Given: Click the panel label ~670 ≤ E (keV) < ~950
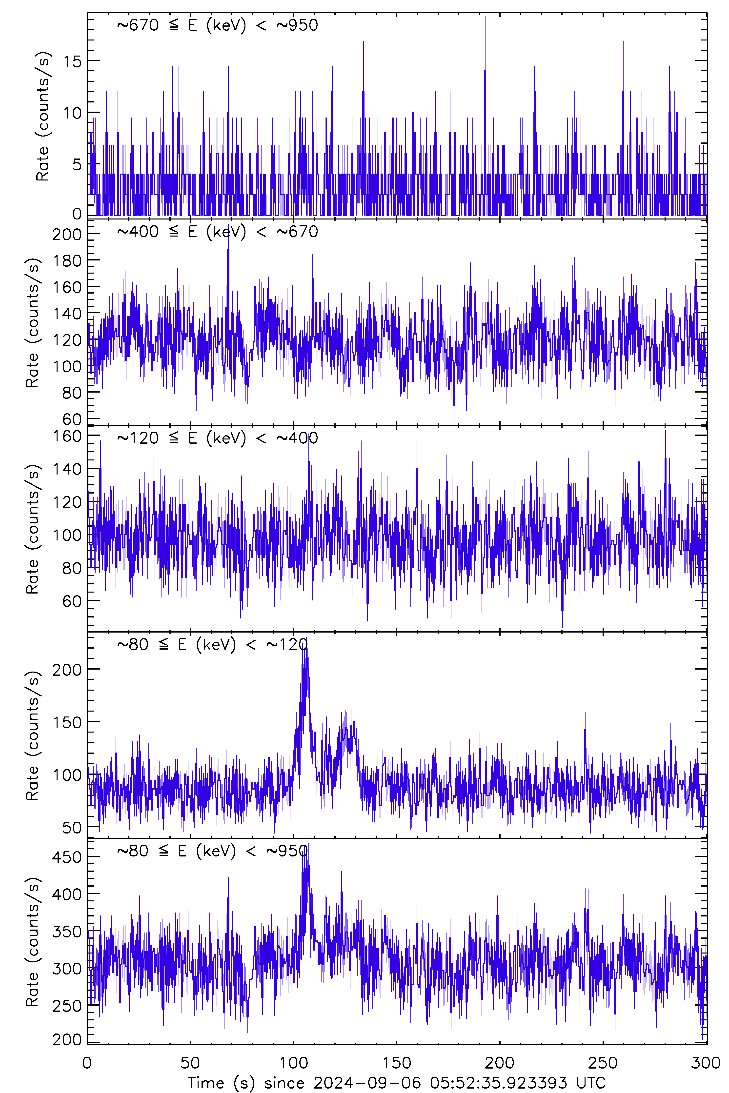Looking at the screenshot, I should tap(217, 25).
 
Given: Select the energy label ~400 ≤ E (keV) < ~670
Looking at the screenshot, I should tap(217, 231).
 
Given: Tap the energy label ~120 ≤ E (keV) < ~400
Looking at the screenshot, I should tap(217, 438).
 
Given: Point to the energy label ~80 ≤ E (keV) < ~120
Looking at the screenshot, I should tap(212, 644).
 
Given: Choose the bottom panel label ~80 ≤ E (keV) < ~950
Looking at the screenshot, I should tap(212, 850).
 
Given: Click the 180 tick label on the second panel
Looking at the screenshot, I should tap(67, 261).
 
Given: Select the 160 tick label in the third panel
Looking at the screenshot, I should tap(67, 436).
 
